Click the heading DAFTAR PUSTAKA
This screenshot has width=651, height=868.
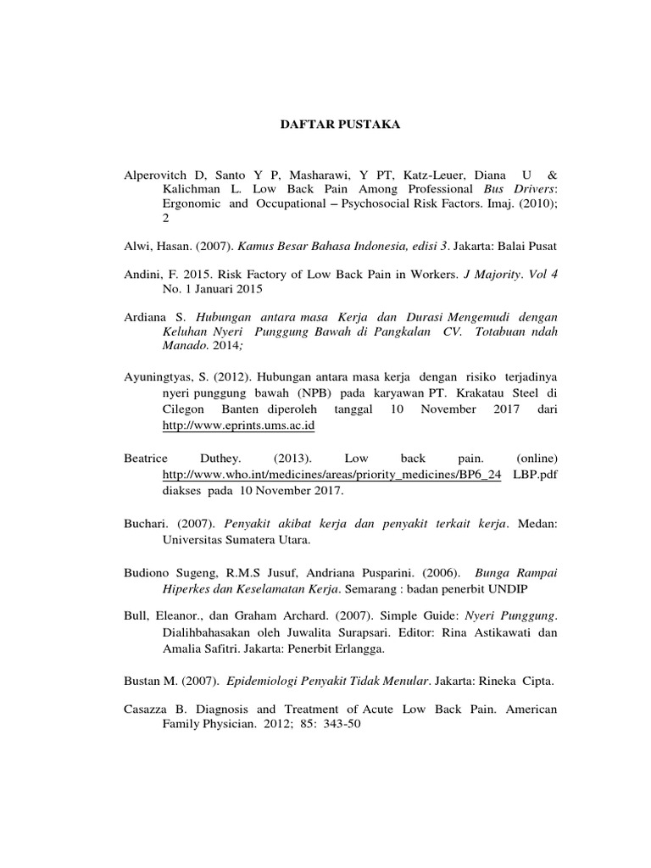tap(329, 125)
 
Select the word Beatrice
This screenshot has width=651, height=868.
tap(147, 459)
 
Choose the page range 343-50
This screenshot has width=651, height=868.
tap(342, 726)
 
